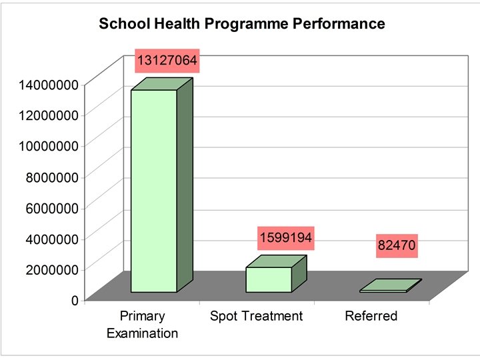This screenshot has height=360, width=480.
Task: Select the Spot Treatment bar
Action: (x=269, y=279)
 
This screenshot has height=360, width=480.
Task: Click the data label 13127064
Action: (x=167, y=61)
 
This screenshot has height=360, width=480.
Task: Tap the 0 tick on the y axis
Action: (x=75, y=299)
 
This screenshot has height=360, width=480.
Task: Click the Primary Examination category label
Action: (x=142, y=324)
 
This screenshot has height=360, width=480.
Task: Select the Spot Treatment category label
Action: (x=256, y=316)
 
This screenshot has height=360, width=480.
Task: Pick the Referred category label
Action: (x=371, y=316)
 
